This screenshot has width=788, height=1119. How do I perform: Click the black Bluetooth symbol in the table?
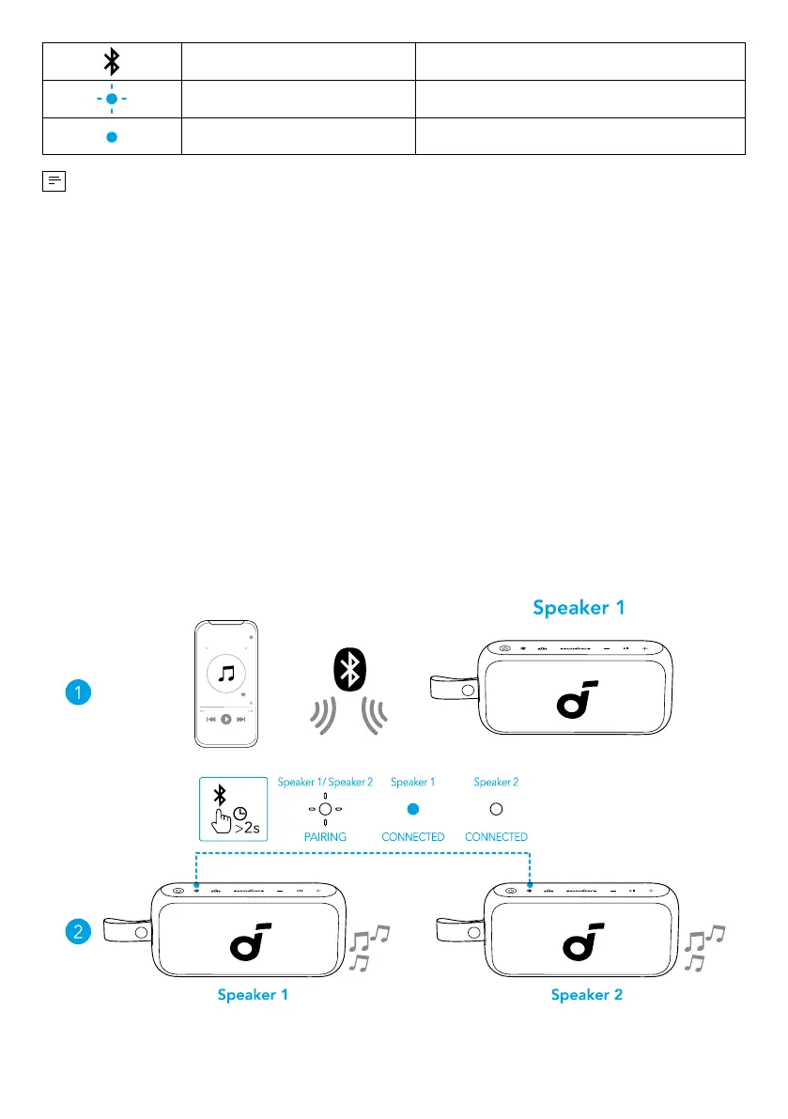coord(112,62)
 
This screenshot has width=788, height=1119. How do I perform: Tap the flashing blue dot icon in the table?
coord(112,99)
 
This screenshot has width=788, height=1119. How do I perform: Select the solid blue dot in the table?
coord(112,135)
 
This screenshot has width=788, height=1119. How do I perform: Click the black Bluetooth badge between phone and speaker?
coord(351,669)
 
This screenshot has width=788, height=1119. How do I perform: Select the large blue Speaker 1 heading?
coord(579,608)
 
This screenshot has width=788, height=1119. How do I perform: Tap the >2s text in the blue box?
coord(248,828)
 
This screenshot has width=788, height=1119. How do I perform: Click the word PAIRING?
coord(325,836)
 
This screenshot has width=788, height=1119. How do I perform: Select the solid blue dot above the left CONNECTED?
coord(412,808)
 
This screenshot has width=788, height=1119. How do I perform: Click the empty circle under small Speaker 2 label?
coord(496,808)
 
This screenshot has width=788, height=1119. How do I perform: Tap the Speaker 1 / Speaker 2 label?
coord(325,782)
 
